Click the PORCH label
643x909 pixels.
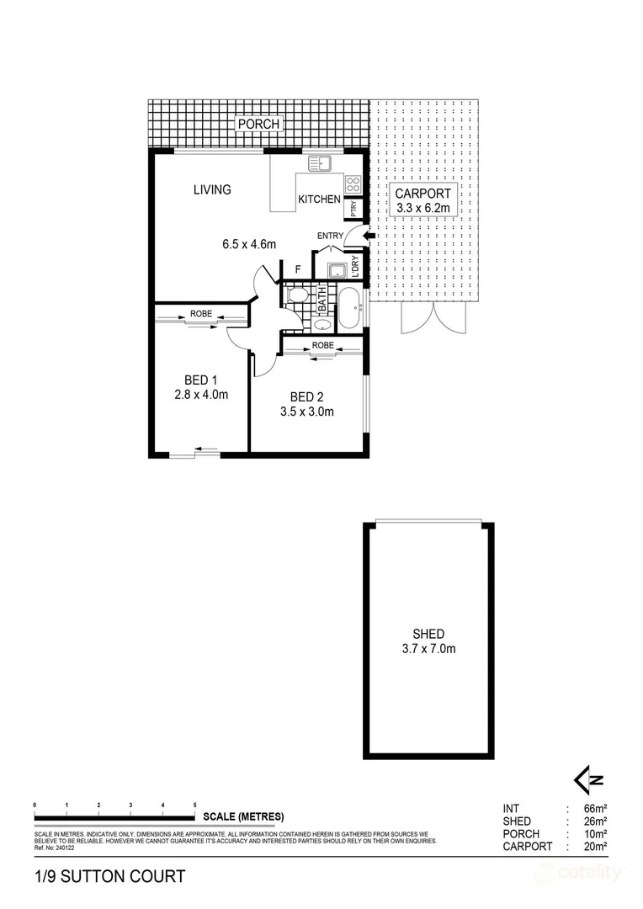click(x=258, y=125)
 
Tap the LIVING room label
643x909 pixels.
click(x=212, y=189)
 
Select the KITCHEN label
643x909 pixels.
click(x=320, y=200)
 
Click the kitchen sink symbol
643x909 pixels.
click(x=321, y=163)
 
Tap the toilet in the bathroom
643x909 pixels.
click(x=295, y=295)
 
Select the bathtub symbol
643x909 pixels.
click(x=349, y=308)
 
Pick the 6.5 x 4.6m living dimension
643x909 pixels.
click(x=250, y=245)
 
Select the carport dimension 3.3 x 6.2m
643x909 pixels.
click(x=424, y=207)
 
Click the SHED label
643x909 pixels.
click(x=428, y=634)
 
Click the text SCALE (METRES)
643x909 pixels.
click(x=242, y=816)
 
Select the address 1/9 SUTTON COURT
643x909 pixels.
click(x=109, y=877)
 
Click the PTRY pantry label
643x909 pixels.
click(x=353, y=205)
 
